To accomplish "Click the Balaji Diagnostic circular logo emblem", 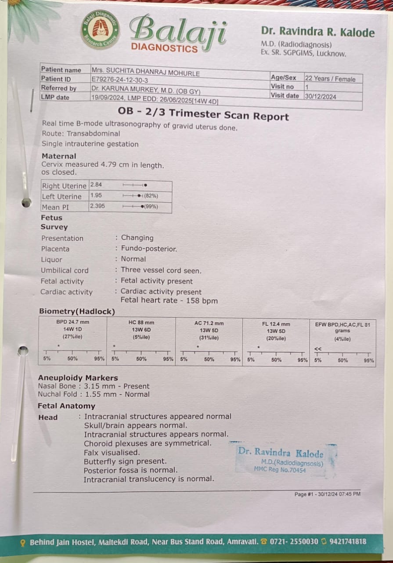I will tap(101, 29).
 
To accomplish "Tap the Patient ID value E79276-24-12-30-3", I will tap(120, 80).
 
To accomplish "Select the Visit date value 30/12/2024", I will tap(321, 96).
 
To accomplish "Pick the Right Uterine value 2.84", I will tap(96, 185).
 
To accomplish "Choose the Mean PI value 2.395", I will tap(97, 206).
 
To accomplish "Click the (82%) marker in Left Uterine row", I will tap(151, 196).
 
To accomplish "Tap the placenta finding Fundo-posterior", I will tap(149, 249).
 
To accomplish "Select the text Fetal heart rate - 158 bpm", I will tap(169, 301).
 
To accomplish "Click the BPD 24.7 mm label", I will tap(72, 322).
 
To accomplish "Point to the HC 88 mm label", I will tap(141, 322).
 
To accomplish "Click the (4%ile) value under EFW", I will tap(343, 339).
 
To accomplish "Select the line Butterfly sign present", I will tap(125, 461).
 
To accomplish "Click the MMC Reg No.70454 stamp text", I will tap(280, 470).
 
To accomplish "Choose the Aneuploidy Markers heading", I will tap(78, 378).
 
